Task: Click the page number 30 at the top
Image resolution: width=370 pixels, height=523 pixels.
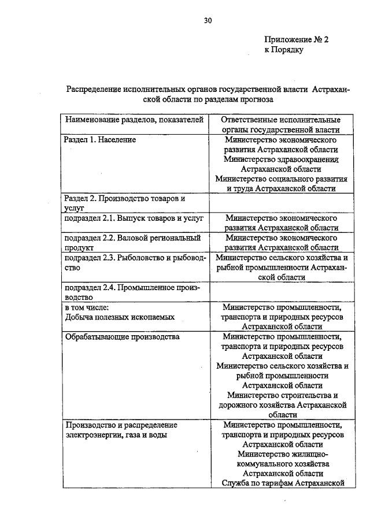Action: coord(208,21)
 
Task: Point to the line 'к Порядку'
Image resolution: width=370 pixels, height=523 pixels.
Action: coord(284,50)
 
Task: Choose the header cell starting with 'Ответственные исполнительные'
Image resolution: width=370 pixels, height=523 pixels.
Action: coord(281,125)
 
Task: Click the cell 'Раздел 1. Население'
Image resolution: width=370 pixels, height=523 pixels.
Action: coord(99,140)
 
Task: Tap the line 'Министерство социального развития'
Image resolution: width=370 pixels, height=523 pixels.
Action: coord(281,179)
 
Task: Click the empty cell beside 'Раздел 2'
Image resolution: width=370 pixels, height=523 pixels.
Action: coord(281,203)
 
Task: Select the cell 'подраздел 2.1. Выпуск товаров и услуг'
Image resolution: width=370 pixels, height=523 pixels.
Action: coord(134,219)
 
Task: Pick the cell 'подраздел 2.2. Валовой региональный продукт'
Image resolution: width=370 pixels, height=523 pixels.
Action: coord(134,242)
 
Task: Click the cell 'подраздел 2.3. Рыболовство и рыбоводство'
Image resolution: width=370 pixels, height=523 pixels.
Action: coord(134,262)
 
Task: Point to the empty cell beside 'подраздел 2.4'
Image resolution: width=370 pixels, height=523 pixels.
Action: coord(281,292)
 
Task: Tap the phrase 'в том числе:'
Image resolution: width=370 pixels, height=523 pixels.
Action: coord(87,307)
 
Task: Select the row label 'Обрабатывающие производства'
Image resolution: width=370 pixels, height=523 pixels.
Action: coord(122,336)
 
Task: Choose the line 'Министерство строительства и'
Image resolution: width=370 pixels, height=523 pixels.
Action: coord(281,395)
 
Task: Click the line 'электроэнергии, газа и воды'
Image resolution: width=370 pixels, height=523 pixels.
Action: coord(116,435)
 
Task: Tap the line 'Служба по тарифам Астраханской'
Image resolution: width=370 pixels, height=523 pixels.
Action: coord(281,483)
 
